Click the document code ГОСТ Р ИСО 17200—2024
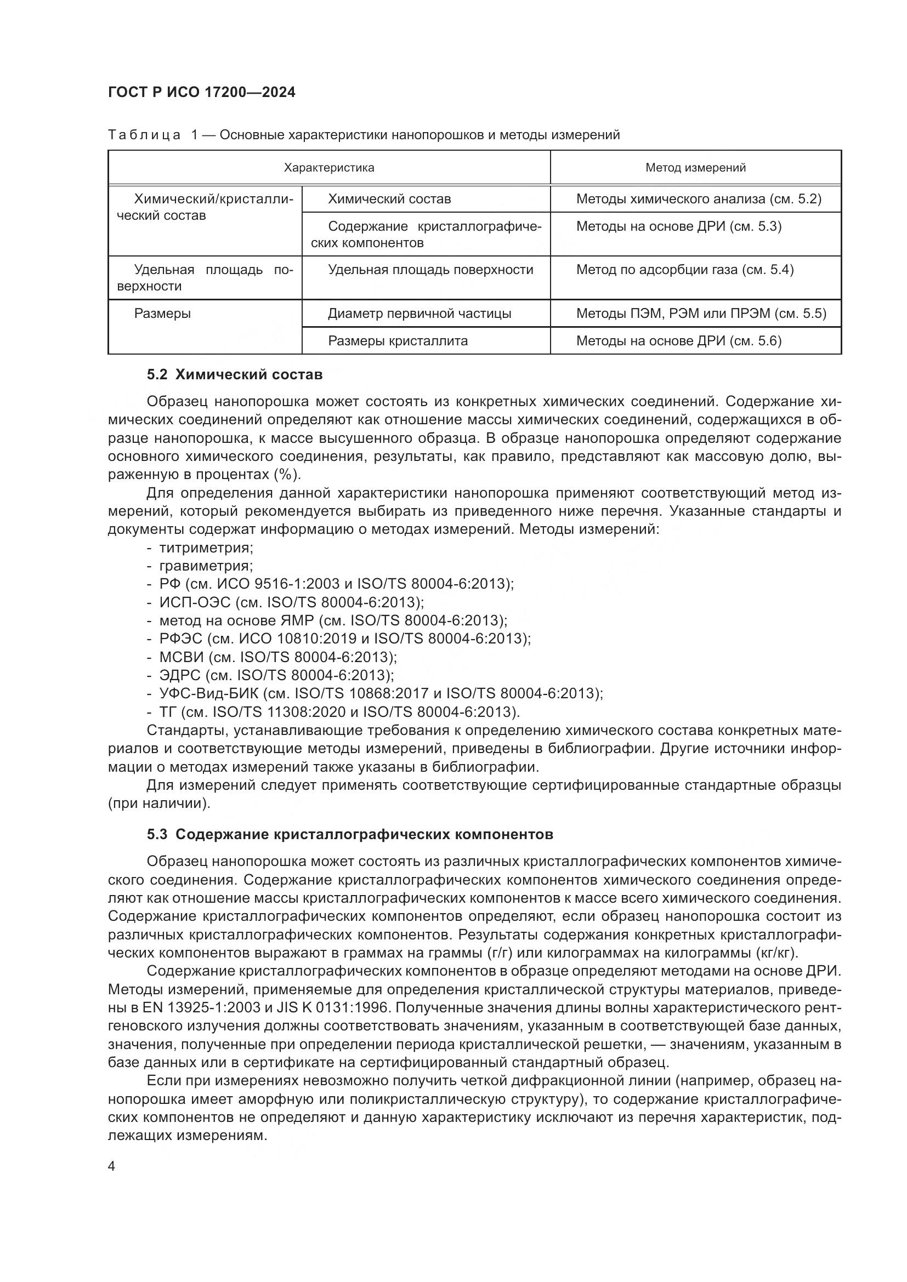(202, 93)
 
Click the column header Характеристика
(329, 168)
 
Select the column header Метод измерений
(695, 168)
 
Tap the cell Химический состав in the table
(389, 200)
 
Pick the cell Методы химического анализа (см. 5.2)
(699, 200)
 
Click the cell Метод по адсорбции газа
(685, 270)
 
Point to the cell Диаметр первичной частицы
(420, 314)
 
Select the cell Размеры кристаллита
(398, 341)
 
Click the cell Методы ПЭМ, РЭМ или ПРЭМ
(701, 314)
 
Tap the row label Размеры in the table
(162, 314)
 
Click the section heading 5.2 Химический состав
(235, 375)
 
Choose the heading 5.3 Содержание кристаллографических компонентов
(350, 835)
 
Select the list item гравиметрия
(206, 566)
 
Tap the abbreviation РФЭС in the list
(181, 639)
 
